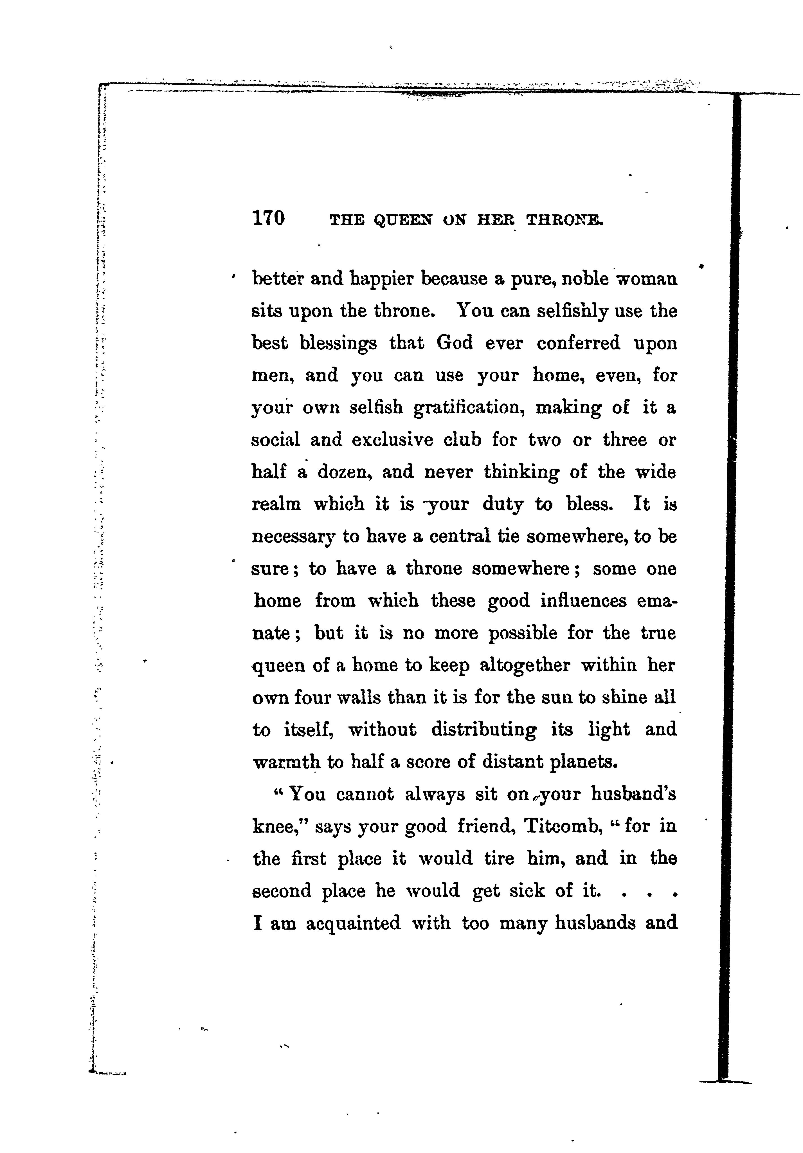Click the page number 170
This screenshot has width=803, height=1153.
tap(269, 218)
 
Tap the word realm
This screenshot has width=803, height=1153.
tap(276, 504)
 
